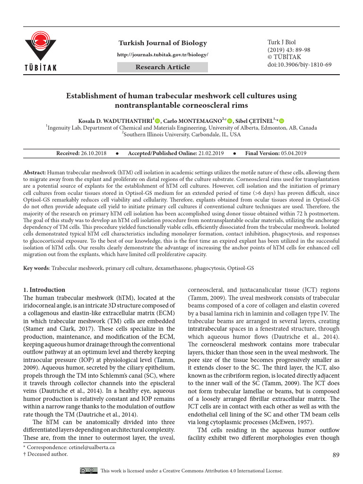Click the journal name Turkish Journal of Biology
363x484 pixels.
click(x=163, y=43)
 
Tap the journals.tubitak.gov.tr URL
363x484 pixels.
click(x=163, y=55)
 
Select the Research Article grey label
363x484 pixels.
click(x=163, y=67)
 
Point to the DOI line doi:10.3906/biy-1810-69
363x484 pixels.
click(x=299, y=64)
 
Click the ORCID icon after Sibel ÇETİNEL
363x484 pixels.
click(x=282, y=121)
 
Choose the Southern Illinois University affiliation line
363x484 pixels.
click(x=182, y=134)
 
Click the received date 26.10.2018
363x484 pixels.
click(x=94, y=154)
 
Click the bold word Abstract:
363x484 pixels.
click(x=35, y=173)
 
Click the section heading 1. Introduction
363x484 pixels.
click(x=44, y=290)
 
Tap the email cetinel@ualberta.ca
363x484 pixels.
click(x=88, y=447)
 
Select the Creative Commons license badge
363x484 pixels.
click(x=89, y=470)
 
